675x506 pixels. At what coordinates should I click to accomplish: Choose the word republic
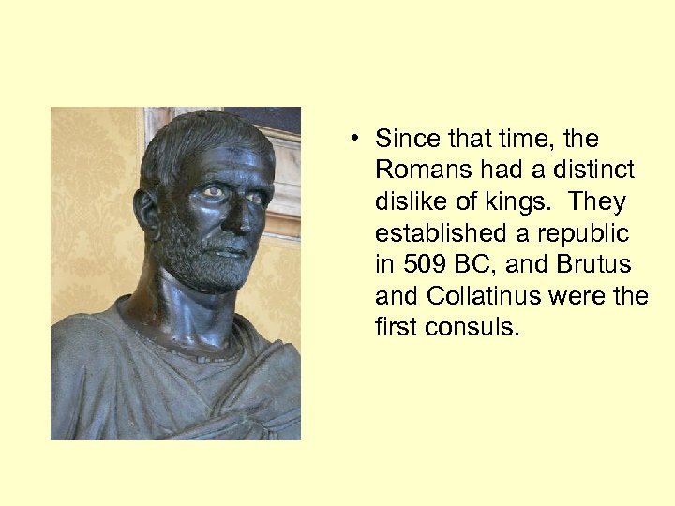(583, 233)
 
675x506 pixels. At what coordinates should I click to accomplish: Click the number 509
(423, 264)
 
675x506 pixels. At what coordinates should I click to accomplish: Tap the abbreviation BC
(472, 264)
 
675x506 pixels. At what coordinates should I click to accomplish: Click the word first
(393, 327)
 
